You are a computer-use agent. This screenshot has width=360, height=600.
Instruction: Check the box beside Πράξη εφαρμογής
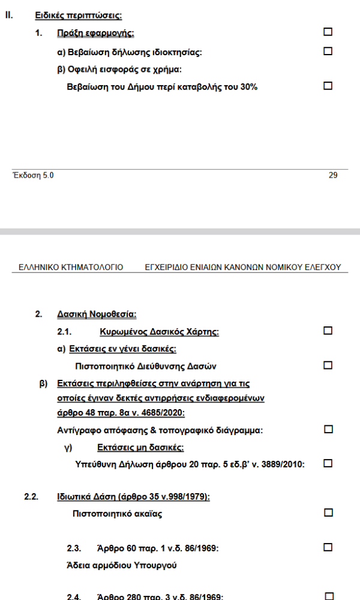[328, 32]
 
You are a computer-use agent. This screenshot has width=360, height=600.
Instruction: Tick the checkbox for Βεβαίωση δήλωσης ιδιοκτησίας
[328, 52]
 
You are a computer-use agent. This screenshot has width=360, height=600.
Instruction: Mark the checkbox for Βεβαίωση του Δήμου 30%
[328, 86]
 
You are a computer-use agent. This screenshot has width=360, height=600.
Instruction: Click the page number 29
[333, 175]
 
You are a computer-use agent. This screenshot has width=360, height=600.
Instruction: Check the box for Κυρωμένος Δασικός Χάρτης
[328, 331]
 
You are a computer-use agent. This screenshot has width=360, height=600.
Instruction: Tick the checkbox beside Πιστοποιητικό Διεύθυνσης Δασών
[328, 365]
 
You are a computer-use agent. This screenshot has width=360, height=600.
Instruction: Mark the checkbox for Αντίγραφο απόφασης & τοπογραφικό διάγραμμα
[328, 429]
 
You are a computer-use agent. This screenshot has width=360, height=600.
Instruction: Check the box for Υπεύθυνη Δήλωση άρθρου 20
[328, 463]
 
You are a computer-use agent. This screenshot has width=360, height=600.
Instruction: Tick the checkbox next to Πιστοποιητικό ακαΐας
[328, 512]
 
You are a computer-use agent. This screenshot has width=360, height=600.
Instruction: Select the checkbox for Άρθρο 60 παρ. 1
[328, 547]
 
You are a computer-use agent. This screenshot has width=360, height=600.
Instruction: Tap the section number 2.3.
[74, 548]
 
